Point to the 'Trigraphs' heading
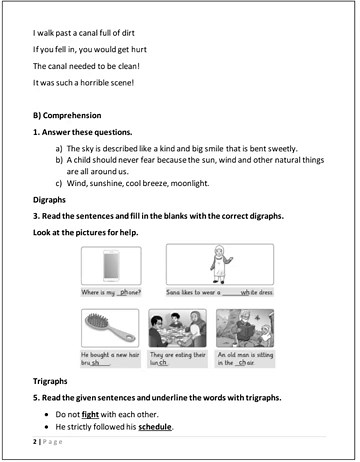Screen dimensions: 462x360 52,382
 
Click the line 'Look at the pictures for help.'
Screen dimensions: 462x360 91,232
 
